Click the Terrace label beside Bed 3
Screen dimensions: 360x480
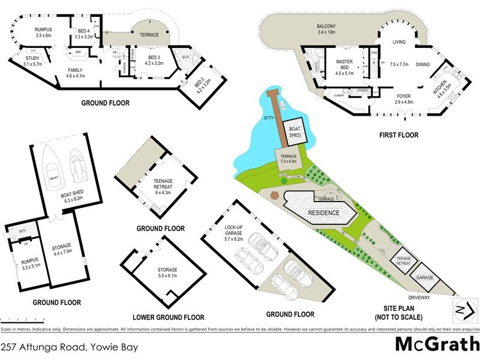pos(149,35)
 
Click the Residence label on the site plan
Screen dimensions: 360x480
pos(323,213)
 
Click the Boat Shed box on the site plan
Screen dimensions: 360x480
pos(295,132)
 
